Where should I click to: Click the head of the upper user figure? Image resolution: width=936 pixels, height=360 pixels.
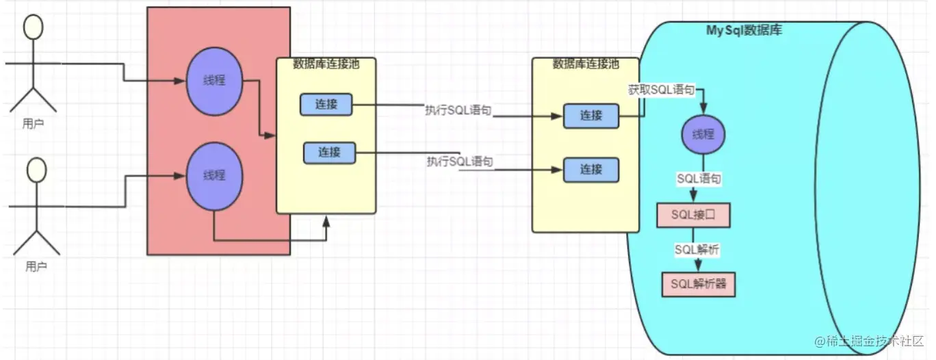tap(33, 27)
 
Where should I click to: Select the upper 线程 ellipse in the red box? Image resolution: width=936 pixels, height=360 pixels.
tap(214, 81)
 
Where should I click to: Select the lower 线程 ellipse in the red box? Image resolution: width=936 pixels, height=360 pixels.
tap(214, 175)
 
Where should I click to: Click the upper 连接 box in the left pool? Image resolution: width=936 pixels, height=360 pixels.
tap(326, 105)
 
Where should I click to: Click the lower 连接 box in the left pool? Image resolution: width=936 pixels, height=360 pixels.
tap(329, 152)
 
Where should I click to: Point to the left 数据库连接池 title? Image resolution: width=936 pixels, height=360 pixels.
tap(326, 64)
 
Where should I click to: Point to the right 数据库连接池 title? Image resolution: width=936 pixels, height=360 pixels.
tap(586, 64)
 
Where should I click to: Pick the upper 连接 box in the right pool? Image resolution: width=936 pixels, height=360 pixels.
tap(591, 116)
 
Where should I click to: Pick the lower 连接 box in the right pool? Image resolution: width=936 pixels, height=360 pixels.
tap(591, 169)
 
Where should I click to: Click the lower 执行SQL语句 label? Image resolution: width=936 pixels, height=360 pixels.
tap(460, 162)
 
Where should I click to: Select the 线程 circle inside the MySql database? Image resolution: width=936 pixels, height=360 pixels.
tap(703, 134)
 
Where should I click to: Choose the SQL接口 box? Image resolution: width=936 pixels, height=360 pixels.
tap(693, 215)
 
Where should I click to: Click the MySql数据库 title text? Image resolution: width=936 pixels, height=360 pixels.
tap(744, 31)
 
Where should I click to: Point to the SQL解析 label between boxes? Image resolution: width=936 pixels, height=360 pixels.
tap(697, 250)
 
